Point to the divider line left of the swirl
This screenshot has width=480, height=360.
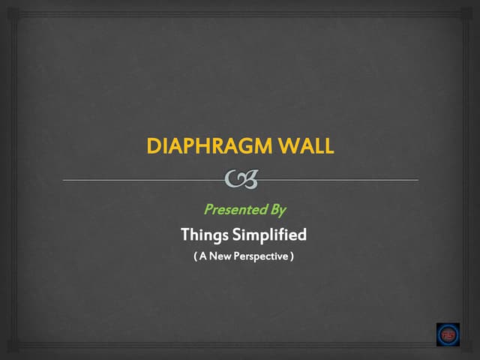point(142,180)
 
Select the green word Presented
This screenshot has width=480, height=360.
point(230,209)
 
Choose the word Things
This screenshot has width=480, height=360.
point(203,235)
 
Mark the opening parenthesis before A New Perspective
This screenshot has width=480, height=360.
point(195,256)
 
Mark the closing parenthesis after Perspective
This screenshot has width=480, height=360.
point(292,256)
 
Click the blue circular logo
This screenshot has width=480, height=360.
point(448,334)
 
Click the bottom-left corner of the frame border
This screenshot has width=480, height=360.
point(19,344)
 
